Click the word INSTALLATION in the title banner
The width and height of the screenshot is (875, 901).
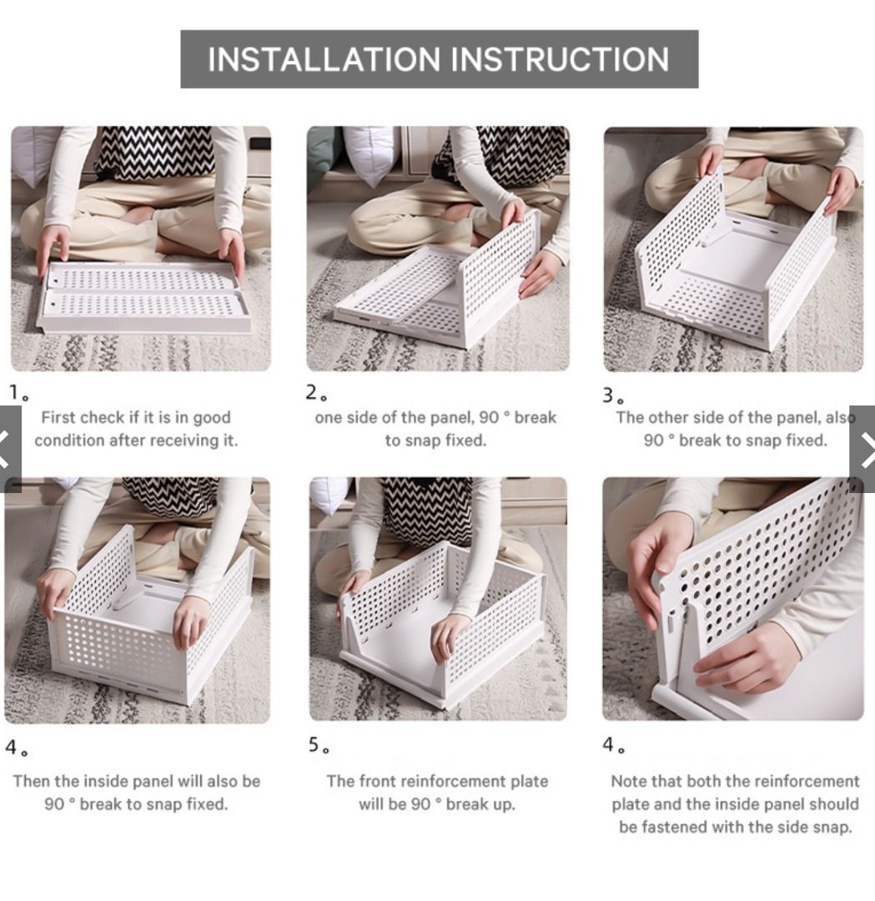pos(324,59)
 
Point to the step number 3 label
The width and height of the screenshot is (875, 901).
pos(613,395)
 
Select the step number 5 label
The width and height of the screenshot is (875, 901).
pos(319,745)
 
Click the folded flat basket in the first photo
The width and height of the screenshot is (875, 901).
pos(143,296)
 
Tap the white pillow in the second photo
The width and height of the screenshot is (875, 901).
pos(370,150)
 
